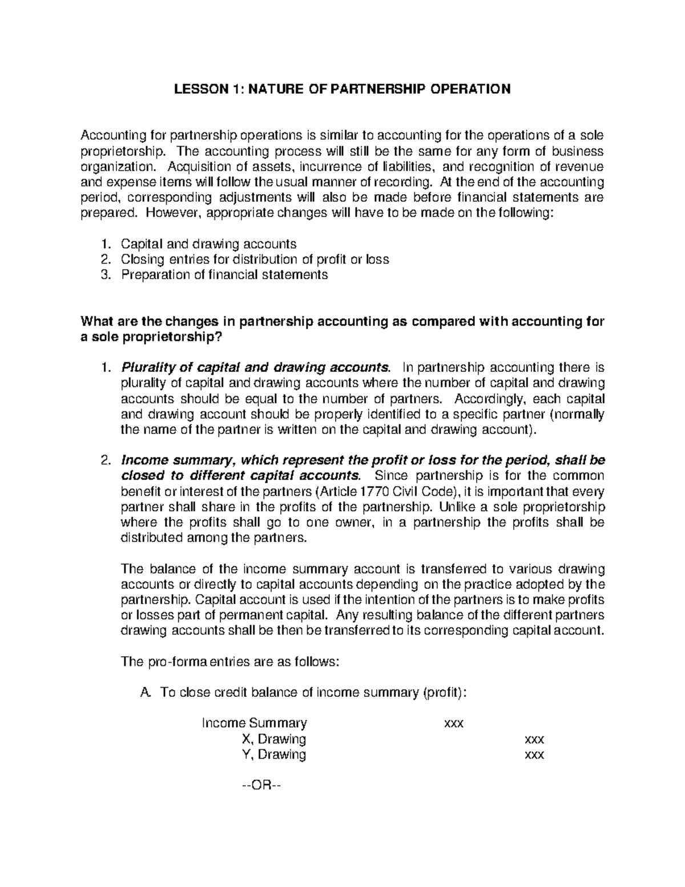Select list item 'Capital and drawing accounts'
coord(208,244)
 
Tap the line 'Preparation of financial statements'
coord(224,275)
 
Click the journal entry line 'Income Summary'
coord(255,723)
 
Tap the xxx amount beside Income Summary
coord(454,724)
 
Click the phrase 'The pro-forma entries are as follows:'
coord(231,662)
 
